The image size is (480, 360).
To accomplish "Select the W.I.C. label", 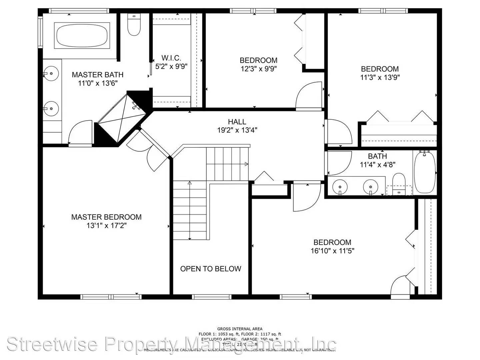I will click(171, 58).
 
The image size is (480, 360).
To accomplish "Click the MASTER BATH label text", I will click(98, 75).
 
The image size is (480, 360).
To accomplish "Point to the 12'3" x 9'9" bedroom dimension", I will click(259, 69).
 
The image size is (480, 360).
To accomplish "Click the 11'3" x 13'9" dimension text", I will click(380, 77).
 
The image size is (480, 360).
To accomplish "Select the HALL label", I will click(237, 122).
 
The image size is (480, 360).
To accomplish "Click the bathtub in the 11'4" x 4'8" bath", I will click(424, 172).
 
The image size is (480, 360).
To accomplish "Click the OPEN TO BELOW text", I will click(211, 269).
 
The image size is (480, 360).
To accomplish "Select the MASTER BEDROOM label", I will click(106, 217).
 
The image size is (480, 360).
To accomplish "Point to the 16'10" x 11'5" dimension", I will click(332, 251).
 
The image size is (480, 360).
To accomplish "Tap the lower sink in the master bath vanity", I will click(51, 108).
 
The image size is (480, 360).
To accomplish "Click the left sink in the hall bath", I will click(340, 185).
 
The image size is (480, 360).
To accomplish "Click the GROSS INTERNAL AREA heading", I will click(240, 329).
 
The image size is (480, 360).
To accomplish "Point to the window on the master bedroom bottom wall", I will click(111, 297).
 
